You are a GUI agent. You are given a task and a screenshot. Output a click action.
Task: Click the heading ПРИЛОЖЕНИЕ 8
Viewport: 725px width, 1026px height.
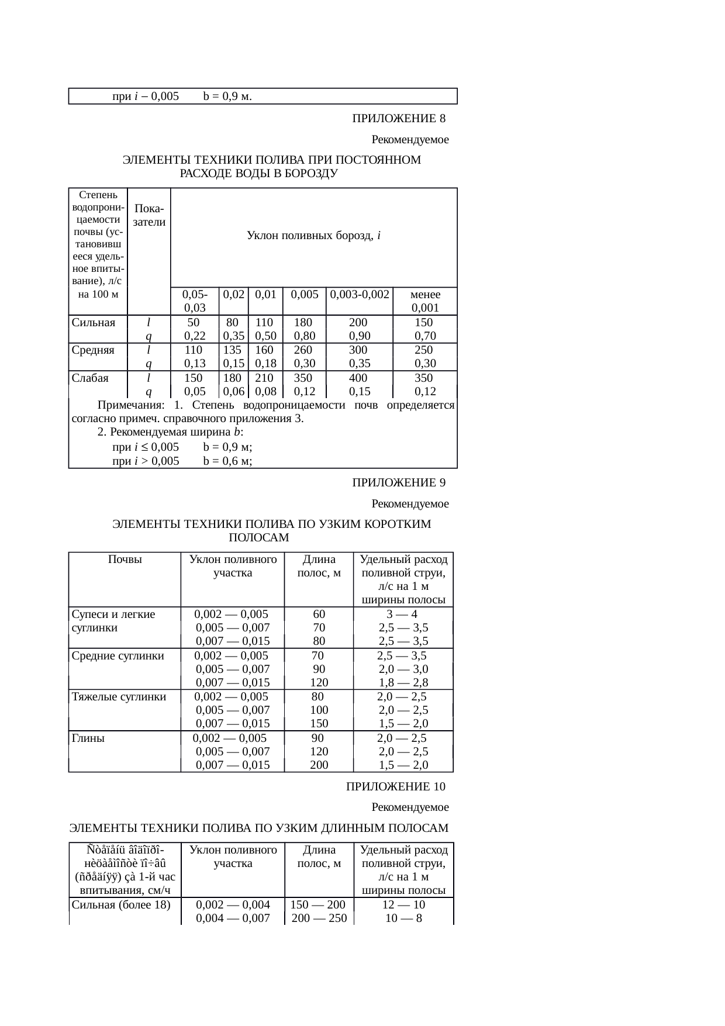coord(399,119)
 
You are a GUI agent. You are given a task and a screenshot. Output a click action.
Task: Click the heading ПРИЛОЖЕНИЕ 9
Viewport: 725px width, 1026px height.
coord(399,483)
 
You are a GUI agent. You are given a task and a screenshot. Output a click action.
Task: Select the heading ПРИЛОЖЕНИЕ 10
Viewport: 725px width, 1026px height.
coord(396,786)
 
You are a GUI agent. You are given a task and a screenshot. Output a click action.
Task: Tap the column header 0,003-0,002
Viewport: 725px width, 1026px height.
coord(360,295)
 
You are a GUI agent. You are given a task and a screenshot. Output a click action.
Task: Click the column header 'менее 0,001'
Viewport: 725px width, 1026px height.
coord(426,301)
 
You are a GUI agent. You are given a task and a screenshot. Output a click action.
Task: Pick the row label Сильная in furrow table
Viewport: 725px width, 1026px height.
coord(94,323)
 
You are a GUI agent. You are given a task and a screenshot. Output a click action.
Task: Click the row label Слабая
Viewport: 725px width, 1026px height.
coord(90,378)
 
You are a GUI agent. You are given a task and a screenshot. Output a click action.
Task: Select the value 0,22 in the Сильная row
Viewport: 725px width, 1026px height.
coord(195,336)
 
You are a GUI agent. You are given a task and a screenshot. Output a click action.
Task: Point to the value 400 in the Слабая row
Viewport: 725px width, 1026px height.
coord(358,378)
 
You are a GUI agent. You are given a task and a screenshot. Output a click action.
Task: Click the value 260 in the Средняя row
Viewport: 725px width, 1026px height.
coord(303,350)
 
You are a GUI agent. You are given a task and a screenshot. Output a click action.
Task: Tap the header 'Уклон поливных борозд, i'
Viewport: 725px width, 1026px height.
coord(314,236)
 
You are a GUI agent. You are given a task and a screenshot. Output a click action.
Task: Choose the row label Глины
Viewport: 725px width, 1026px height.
coord(88,738)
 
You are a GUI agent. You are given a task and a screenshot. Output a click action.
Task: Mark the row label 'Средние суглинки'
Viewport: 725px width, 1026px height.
coord(118,655)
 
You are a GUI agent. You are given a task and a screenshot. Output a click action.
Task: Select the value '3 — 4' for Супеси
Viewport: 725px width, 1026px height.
coord(402,614)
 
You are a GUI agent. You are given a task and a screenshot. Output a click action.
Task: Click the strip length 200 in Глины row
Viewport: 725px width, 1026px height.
coord(319,765)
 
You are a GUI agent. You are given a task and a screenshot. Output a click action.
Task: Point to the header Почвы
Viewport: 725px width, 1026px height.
coord(125,559)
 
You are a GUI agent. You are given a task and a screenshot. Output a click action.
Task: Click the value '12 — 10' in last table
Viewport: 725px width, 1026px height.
coord(403,905)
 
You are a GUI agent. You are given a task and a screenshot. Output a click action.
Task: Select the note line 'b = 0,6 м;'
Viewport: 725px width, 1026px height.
coord(227,461)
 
